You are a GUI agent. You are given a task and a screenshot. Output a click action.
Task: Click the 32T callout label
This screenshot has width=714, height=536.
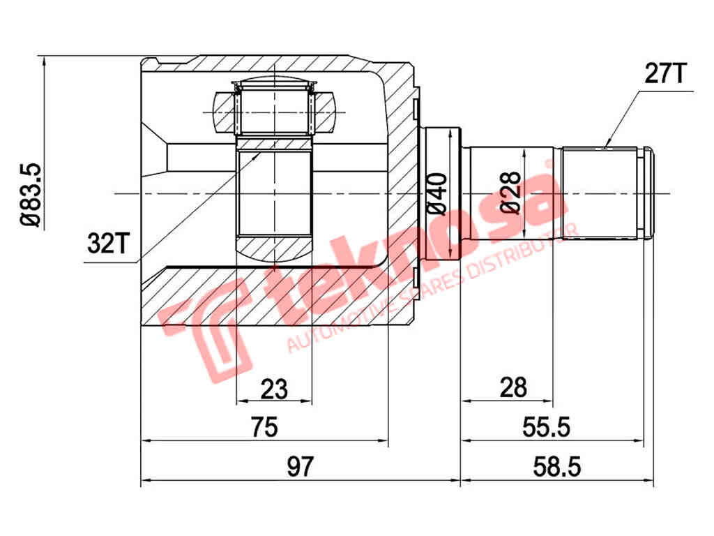coord(108,243)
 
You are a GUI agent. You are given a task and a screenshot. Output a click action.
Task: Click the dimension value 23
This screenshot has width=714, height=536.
coord(274,389)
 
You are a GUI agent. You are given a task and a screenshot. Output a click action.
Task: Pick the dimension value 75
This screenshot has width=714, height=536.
coord(264,426)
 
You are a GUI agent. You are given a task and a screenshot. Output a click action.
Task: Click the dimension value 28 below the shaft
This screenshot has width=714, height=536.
coord(513,387)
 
